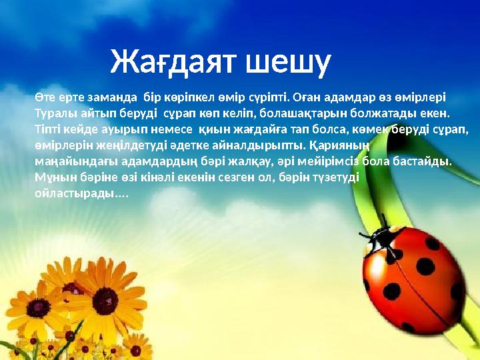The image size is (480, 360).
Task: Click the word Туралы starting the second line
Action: coord(54,113)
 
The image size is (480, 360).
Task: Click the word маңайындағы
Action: coord(69,162)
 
